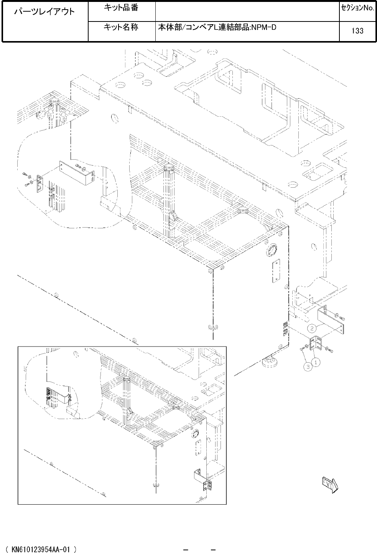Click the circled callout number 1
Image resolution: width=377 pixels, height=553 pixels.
(x=316, y=362)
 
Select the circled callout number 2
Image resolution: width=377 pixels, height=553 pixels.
(x=312, y=328)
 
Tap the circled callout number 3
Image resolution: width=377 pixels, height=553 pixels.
(x=308, y=367)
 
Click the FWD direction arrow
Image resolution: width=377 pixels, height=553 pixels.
(x=330, y=485)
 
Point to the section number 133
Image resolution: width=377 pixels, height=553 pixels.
(x=357, y=31)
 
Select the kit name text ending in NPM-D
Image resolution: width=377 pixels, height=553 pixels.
(x=217, y=27)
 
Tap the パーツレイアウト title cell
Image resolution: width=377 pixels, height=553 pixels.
(x=44, y=12)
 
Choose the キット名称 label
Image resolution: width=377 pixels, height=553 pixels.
(x=121, y=27)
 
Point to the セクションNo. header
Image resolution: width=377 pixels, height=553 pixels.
(x=358, y=8)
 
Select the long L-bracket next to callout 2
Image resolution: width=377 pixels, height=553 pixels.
(x=330, y=318)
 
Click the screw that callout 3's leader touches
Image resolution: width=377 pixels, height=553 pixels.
(x=303, y=348)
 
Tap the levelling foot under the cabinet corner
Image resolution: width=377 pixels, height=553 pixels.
(x=270, y=361)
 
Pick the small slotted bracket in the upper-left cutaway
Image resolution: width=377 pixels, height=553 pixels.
(x=40, y=183)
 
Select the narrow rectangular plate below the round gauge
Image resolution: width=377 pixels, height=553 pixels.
(x=277, y=270)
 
